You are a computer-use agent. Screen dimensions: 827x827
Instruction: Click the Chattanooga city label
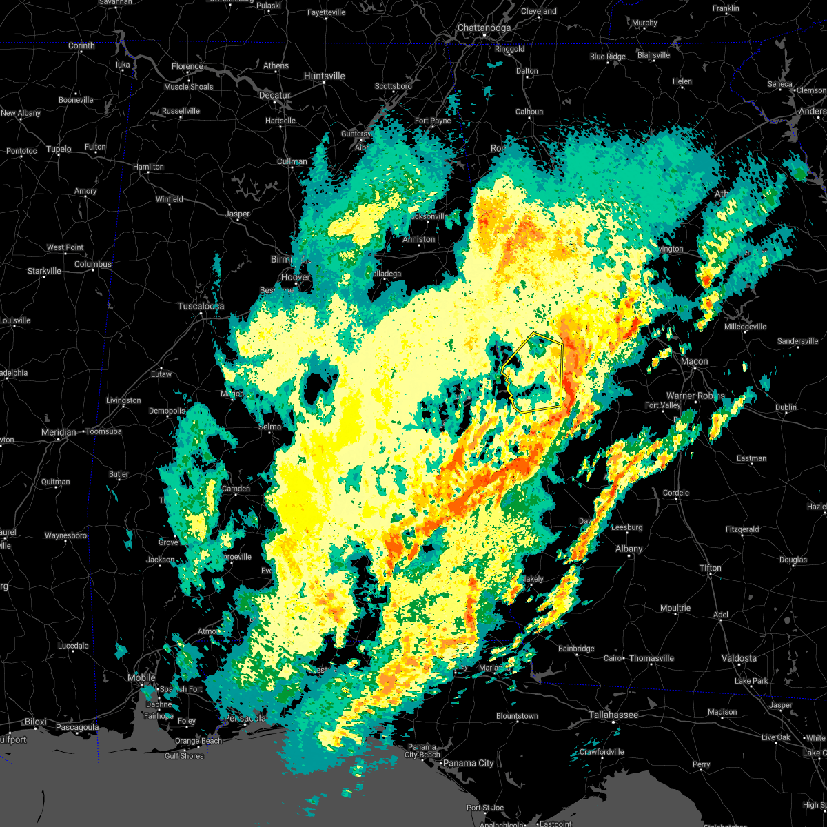click(484, 28)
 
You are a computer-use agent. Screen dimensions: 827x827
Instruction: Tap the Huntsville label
click(324, 76)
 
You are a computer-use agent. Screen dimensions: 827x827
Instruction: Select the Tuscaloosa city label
click(201, 306)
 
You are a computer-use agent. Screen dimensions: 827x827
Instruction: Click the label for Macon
click(694, 361)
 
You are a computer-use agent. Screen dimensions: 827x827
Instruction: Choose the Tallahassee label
click(613, 715)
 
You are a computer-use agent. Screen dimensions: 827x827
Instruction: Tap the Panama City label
click(468, 763)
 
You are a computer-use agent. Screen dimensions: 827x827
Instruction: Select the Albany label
click(629, 549)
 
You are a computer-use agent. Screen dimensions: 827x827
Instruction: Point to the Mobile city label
click(141, 678)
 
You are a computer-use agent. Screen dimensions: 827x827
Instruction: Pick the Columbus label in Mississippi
click(92, 264)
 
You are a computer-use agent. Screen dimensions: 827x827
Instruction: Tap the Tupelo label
click(59, 149)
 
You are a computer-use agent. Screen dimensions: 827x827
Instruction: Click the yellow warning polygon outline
click(561, 372)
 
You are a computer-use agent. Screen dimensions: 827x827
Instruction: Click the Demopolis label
click(167, 411)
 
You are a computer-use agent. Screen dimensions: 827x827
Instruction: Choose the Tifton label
click(711, 568)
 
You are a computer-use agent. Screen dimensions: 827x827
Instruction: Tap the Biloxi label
click(35, 722)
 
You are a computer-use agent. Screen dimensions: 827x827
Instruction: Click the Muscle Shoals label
click(188, 87)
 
